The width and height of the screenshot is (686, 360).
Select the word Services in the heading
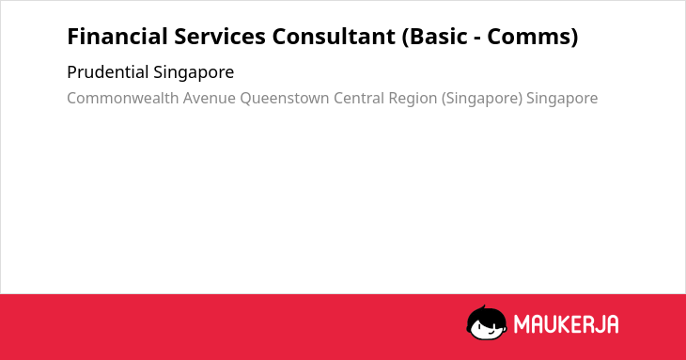pos(220,37)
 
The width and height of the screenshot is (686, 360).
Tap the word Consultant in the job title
pos(334,37)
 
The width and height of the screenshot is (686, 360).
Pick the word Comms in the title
pos(528,37)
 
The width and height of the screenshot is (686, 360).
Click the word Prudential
pos(108,72)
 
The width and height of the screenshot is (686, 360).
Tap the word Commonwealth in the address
pos(123,98)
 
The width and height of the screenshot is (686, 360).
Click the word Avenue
pos(210,99)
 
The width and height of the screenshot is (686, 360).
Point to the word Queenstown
pos(285,99)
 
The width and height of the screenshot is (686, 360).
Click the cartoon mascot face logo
pos(487,322)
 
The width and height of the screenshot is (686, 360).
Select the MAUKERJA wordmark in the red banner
pos(566,324)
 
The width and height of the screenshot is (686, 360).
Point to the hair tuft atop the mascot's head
pos(483,308)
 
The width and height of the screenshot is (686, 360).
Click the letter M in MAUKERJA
pos(522,324)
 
